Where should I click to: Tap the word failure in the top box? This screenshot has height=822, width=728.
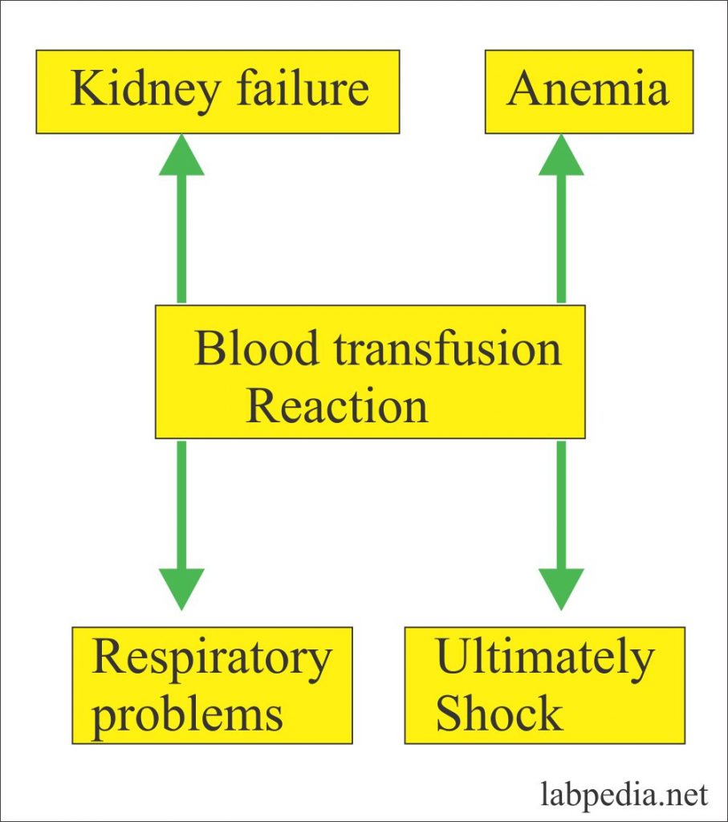303,88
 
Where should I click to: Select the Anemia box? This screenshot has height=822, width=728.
589,92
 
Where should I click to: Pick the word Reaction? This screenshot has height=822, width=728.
337,405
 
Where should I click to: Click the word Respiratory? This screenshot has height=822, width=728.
212,660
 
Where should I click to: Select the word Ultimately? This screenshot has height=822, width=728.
545,660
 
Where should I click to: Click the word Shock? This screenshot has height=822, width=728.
499,713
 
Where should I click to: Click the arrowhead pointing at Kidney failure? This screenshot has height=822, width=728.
181,155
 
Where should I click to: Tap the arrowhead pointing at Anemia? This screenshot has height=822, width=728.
561,155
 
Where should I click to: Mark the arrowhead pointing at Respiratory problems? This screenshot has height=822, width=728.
181,589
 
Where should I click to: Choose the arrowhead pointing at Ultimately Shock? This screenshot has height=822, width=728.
561,589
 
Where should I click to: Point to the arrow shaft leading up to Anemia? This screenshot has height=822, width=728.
561,238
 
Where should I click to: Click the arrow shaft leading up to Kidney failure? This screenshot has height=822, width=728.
181,238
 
